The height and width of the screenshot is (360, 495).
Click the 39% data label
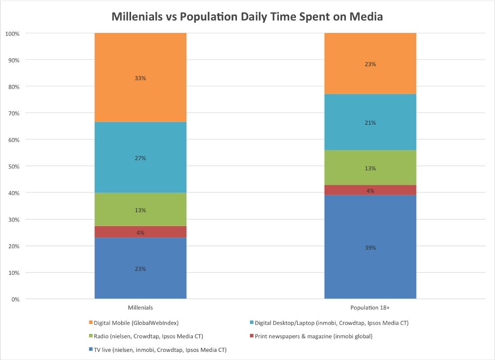[370, 248]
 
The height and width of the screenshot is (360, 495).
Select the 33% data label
[141, 78]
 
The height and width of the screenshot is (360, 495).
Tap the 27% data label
[141, 158]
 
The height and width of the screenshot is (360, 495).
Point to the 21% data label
[370, 123]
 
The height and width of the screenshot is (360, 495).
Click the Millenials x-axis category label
[141, 308]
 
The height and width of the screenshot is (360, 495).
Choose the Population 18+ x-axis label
[370, 308]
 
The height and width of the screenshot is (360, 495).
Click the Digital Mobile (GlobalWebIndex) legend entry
[136, 323]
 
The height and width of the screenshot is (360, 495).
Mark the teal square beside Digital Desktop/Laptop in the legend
[251, 323]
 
